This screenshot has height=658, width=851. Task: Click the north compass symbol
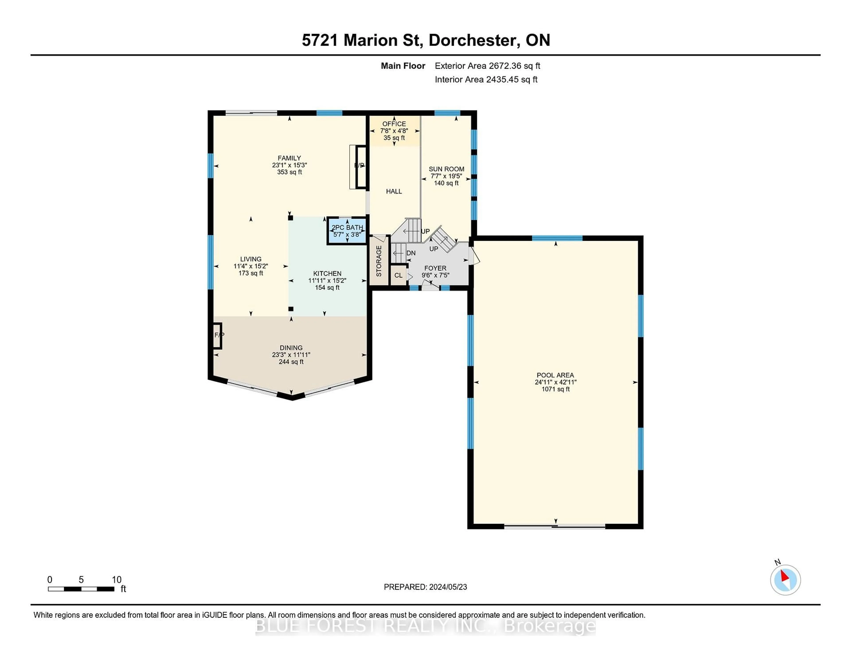(785, 580)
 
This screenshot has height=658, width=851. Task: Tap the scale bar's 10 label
(117, 580)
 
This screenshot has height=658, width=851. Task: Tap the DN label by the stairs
(411, 253)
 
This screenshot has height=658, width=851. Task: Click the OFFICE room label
(394, 124)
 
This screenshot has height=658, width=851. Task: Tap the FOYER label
(435, 268)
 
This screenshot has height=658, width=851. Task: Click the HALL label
(394, 191)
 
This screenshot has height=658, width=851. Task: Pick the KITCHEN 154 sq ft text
(327, 288)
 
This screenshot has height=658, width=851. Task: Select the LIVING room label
(251, 259)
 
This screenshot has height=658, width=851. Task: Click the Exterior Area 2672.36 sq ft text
(488, 66)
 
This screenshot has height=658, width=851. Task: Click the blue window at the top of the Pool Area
(557, 238)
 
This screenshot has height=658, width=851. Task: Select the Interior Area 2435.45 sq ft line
(486, 80)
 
